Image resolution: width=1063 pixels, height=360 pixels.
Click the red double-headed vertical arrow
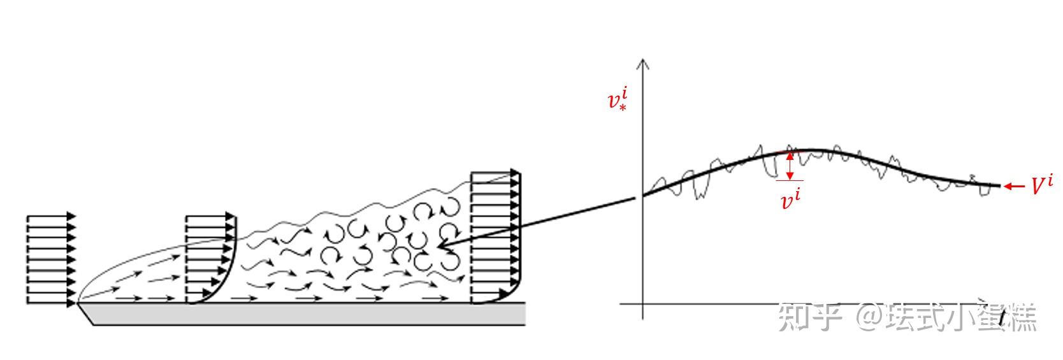click(790, 166)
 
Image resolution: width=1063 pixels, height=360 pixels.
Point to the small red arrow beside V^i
click(1013, 186)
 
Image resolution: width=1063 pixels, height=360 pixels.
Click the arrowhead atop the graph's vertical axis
click(643, 63)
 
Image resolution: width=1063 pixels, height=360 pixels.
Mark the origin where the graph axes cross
click(643, 303)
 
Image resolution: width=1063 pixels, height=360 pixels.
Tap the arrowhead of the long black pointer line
click(441, 246)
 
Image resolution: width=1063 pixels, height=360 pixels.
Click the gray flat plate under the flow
click(306, 313)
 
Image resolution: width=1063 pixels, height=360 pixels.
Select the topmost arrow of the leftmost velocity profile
click(51, 217)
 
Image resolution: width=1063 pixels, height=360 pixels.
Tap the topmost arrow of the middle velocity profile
click(210, 218)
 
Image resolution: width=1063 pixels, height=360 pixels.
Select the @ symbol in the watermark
click(869, 317)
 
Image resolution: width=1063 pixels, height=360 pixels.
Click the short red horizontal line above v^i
click(789, 181)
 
